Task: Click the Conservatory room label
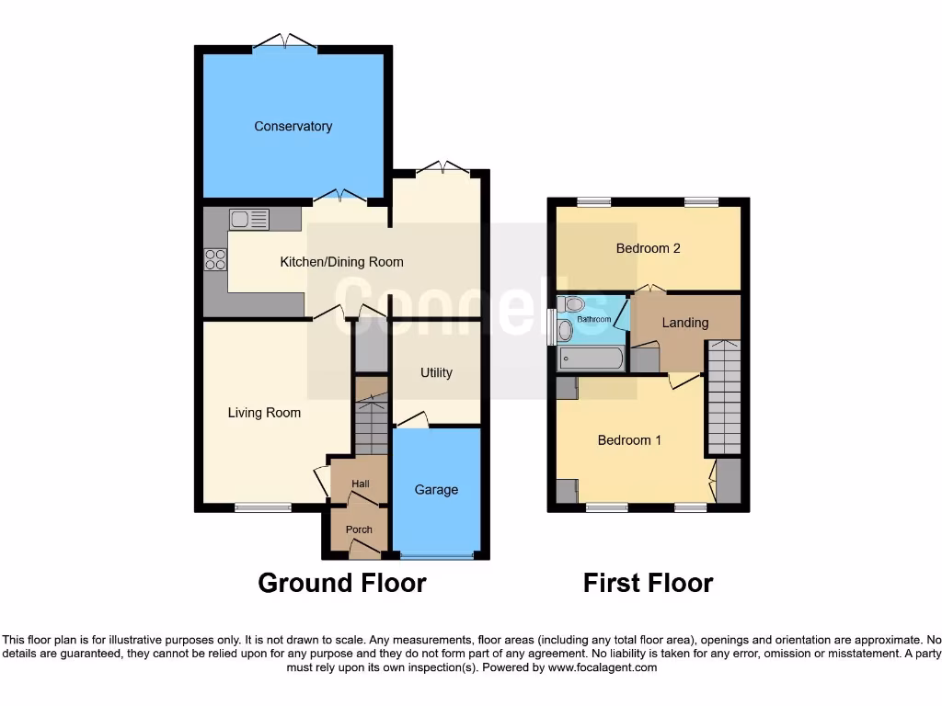(293, 126)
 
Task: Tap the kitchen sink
(249, 219)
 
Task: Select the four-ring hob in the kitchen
(215, 260)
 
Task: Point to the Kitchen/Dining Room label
(341, 262)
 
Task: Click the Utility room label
(436, 372)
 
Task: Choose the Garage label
(436, 490)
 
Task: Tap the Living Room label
(264, 413)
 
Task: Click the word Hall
(360, 484)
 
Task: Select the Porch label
(359, 529)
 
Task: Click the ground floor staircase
(372, 427)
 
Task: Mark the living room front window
(262, 507)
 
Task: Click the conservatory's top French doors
(284, 42)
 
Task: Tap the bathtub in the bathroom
(591, 359)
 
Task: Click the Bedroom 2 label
(648, 248)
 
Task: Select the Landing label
(685, 323)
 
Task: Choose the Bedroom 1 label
(629, 440)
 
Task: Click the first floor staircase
(724, 397)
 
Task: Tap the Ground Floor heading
(341, 583)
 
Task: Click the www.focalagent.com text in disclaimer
(603, 667)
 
